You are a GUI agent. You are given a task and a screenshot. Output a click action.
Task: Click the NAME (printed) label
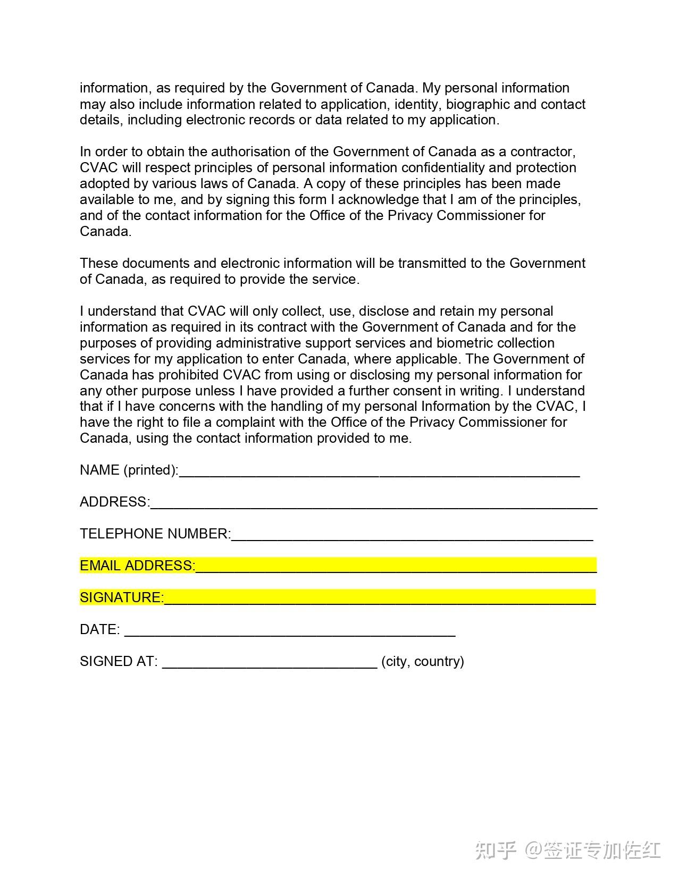pyautogui.click(x=129, y=470)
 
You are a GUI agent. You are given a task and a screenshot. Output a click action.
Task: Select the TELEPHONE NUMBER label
pyautogui.click(x=155, y=534)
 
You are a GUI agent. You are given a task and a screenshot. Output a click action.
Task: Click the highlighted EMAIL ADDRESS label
pyautogui.click(x=137, y=566)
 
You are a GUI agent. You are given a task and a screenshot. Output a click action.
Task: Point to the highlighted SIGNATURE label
pyautogui.click(x=122, y=597)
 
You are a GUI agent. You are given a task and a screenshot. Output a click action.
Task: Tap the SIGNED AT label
pyautogui.click(x=119, y=661)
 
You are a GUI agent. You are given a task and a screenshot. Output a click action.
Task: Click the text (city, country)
pyautogui.click(x=423, y=661)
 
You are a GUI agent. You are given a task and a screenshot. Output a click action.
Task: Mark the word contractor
pyautogui.click(x=542, y=151)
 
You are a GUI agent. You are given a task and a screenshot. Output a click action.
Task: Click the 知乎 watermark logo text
pyautogui.click(x=496, y=850)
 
